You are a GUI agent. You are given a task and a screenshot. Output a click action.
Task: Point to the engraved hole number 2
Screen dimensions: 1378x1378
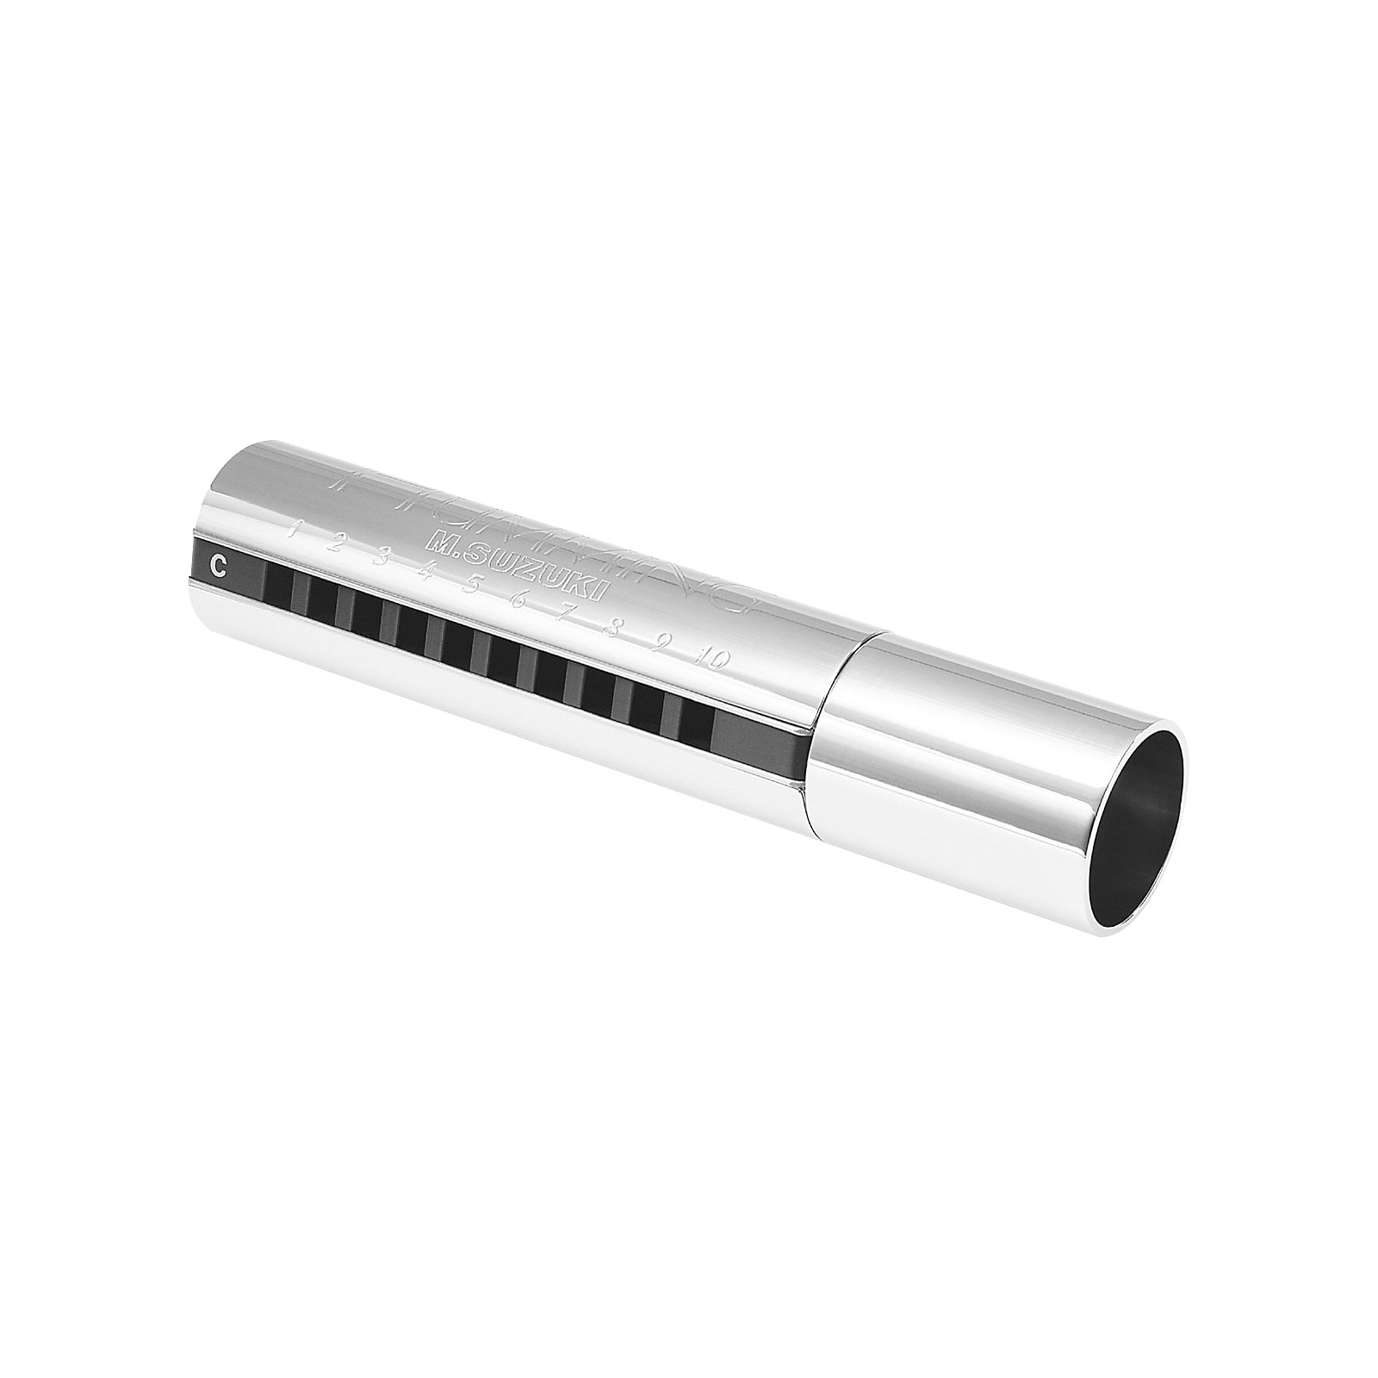click(x=338, y=541)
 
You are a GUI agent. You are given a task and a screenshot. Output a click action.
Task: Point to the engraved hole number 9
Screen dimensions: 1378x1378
click(x=661, y=643)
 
